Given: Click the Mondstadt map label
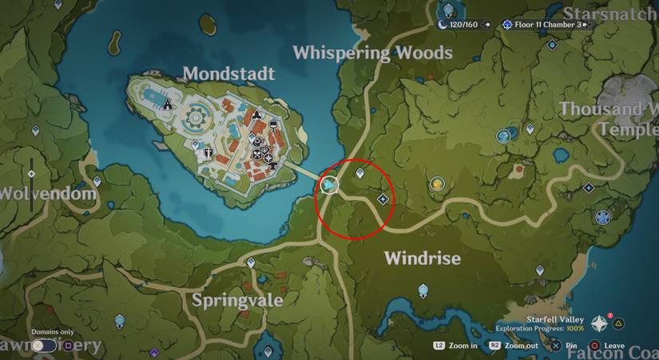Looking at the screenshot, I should pyautogui.click(x=228, y=74).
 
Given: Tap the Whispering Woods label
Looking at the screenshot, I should pyautogui.click(x=372, y=53).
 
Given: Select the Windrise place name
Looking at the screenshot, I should pyautogui.click(x=423, y=259).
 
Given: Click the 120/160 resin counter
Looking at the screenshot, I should pyautogui.click(x=463, y=25).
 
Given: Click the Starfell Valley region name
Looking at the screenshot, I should pyautogui.click(x=558, y=318).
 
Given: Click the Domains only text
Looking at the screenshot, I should pyautogui.click(x=53, y=332).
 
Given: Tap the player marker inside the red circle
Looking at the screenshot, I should pyautogui.click(x=329, y=186).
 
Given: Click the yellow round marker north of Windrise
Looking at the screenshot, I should pyautogui.click(x=437, y=184).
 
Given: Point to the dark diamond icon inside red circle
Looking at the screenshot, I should pyautogui.click(x=383, y=198).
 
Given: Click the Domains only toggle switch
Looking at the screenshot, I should pyautogui.click(x=45, y=346).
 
